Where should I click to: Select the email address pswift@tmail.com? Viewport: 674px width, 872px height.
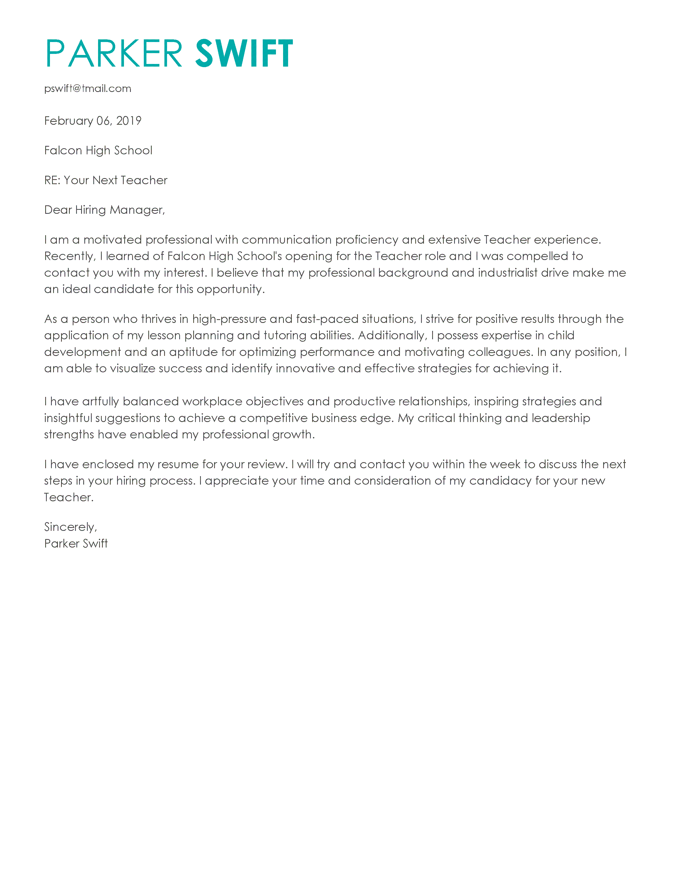click(87, 88)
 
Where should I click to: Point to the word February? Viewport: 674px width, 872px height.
click(68, 120)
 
